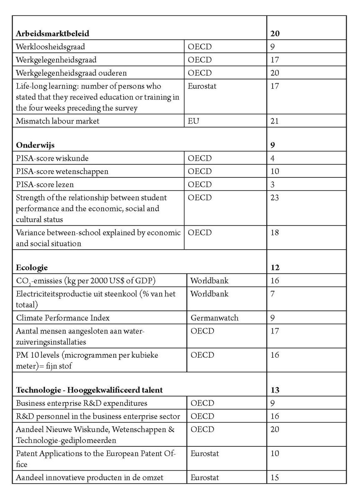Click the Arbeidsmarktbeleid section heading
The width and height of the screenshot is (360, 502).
[53, 33]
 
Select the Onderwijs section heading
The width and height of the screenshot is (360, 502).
[36, 145]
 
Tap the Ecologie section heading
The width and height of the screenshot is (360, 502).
[32, 267]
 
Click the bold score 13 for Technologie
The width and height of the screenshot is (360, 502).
[275, 390]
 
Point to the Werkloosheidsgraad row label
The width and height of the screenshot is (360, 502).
[51, 46]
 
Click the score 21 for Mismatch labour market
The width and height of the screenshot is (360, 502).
[275, 121]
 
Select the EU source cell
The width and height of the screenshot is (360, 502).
[193, 121]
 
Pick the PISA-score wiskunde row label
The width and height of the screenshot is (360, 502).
[52, 159]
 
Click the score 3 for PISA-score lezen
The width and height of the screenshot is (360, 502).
[273, 184]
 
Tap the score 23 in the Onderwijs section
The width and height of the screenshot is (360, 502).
[275, 197]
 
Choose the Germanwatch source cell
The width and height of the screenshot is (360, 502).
[214, 318]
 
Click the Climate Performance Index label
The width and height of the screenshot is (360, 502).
[63, 318]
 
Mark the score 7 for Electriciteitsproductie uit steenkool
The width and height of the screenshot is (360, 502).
[273, 293]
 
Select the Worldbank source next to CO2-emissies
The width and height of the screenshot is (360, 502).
[209, 280]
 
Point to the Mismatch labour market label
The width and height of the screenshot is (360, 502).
[58, 121]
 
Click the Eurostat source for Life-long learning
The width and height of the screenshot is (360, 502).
[202, 86]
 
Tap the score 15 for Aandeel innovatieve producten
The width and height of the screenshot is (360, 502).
[275, 477]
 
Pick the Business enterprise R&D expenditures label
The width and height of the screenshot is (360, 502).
[82, 403]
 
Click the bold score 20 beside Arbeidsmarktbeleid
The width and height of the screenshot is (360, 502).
[275, 33]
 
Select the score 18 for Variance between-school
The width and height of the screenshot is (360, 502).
[275, 233]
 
